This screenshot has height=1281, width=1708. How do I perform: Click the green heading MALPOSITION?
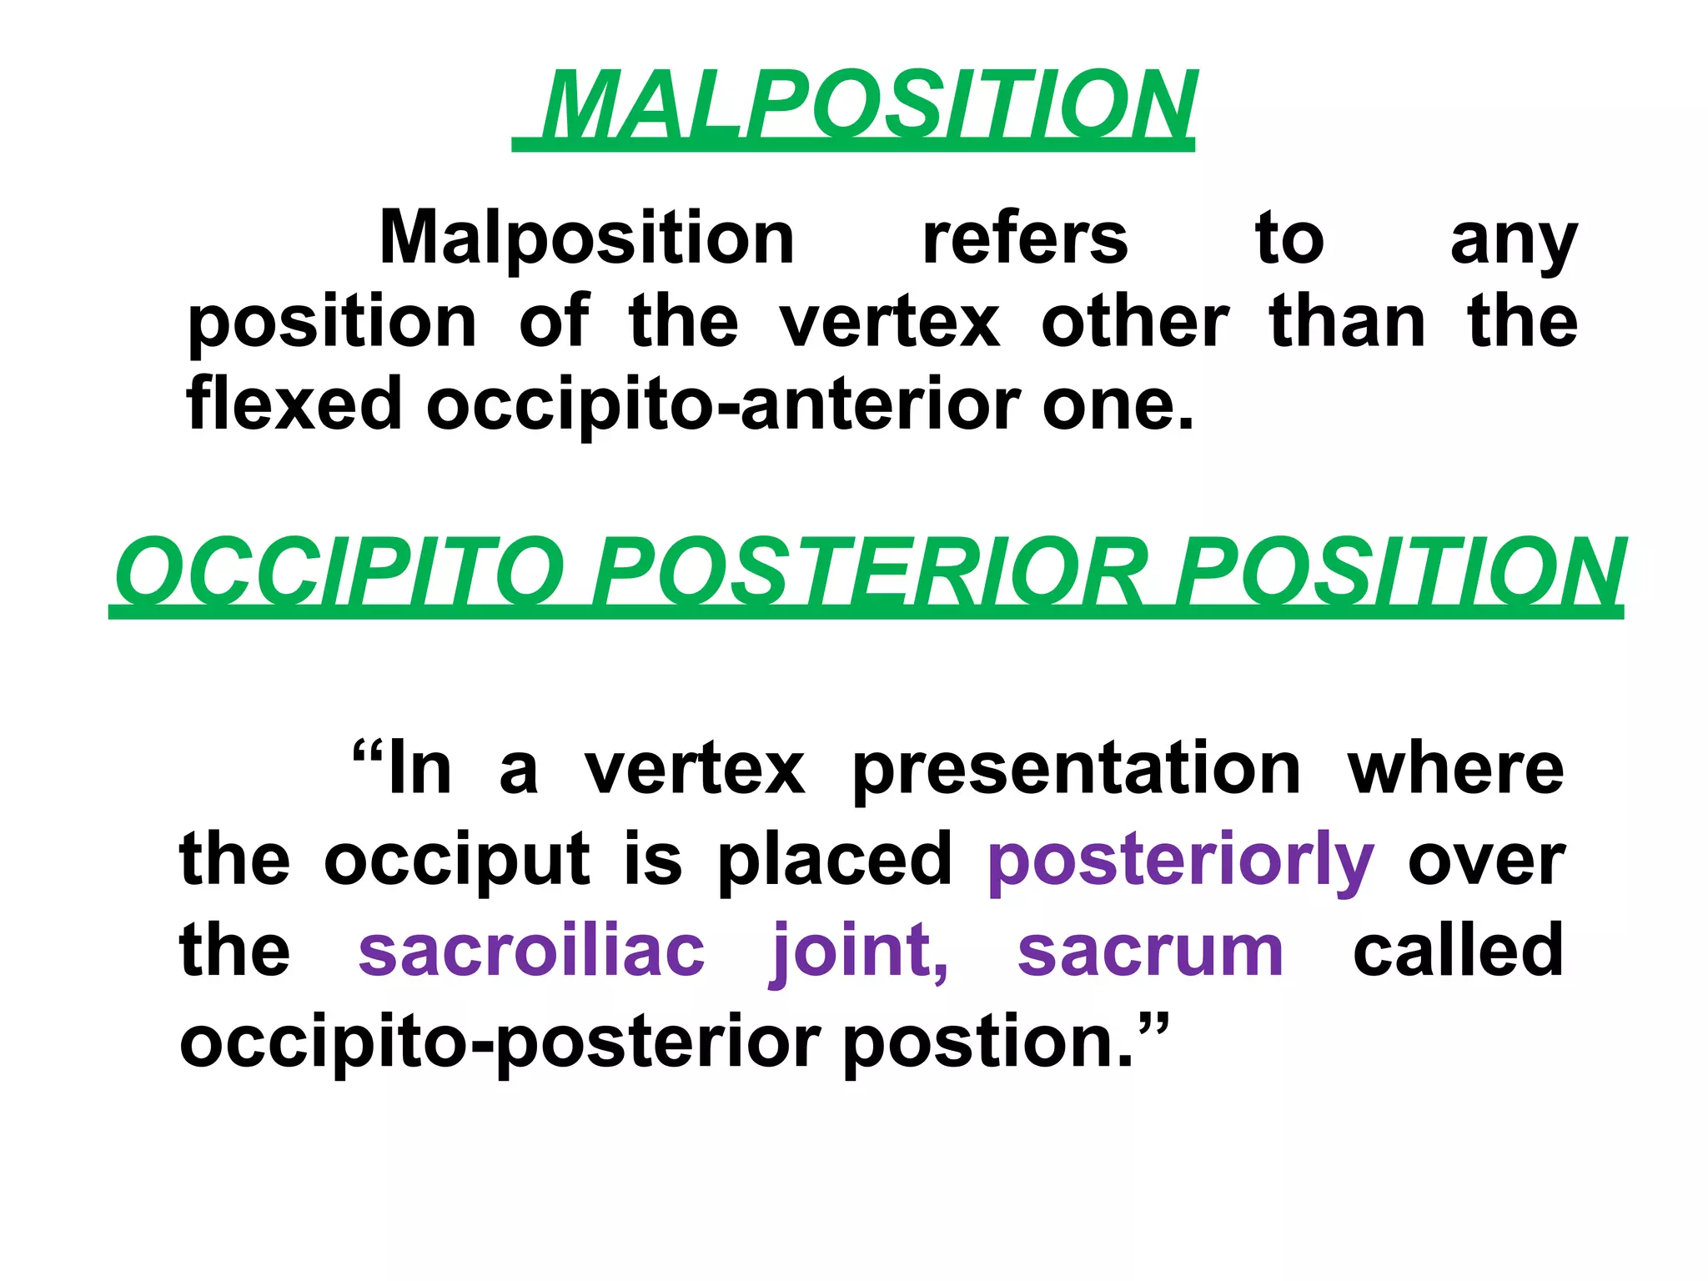click(867, 106)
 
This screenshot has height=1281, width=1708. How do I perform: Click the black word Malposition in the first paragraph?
click(587, 239)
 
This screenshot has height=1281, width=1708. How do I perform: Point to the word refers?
click(1025, 239)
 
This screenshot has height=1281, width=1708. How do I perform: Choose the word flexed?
click(294, 404)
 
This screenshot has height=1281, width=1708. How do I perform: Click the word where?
click(1455, 769)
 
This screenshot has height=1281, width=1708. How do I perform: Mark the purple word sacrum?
click(1150, 952)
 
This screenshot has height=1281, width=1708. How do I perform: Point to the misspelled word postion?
click(988, 1044)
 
